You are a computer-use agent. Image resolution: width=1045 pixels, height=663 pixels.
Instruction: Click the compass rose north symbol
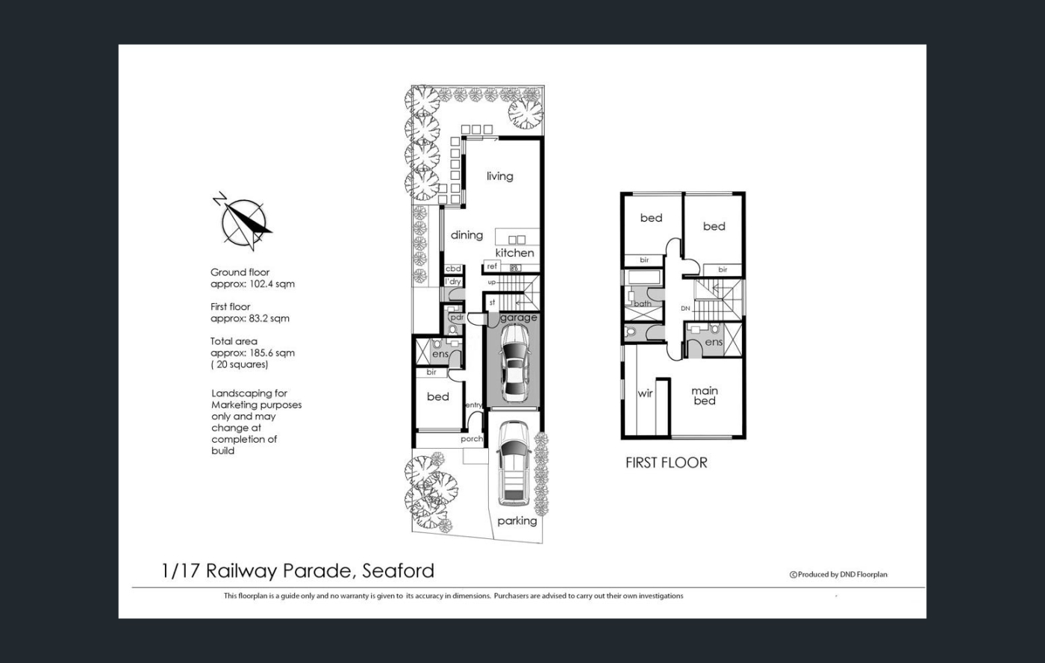tap(243, 221)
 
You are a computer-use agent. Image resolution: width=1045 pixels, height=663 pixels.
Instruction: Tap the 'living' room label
tap(499, 176)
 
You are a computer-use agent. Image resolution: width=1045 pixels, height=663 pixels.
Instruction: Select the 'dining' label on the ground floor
tap(467, 234)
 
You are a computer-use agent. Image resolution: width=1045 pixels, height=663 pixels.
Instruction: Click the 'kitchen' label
tap(514, 253)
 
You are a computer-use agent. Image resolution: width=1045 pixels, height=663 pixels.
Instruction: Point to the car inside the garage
tap(514, 363)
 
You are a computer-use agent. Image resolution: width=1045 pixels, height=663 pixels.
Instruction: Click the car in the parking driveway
tap(514, 464)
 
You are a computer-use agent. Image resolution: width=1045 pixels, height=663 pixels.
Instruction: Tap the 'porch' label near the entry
tap(472, 439)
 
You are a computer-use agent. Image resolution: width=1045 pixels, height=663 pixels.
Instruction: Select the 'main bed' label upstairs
tap(705, 396)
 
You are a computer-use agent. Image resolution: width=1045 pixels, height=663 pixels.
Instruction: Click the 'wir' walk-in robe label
tap(645, 393)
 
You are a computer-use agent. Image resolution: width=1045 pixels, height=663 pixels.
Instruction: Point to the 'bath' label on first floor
tap(643, 304)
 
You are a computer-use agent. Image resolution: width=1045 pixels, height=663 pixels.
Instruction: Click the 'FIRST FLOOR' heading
tap(666, 463)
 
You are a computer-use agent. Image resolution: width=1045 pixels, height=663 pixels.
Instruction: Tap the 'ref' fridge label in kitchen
tap(492, 267)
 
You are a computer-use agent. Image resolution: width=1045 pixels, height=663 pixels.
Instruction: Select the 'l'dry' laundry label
tap(452, 281)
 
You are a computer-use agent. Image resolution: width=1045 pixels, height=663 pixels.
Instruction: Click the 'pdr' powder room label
tap(457, 318)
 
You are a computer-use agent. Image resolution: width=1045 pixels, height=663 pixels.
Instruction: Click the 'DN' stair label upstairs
tap(685, 308)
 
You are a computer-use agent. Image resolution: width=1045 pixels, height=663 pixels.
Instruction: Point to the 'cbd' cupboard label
tap(453, 269)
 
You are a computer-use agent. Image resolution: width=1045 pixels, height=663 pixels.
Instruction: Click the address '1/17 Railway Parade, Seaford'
tap(298, 571)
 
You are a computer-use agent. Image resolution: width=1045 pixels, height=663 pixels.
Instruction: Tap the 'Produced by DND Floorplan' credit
tap(838, 574)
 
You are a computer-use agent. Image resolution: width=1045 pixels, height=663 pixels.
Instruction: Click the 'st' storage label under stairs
tap(492, 303)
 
